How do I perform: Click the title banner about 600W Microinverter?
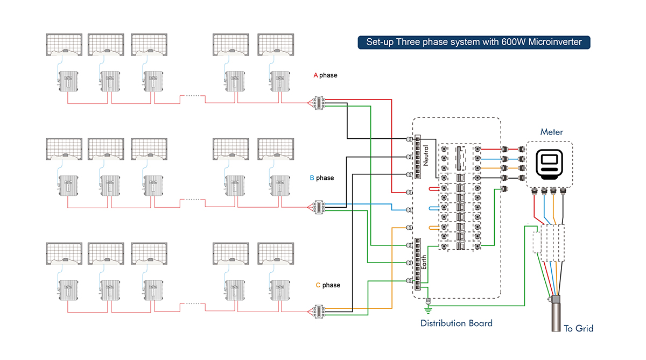pos(474,42)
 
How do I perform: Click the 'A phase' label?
pos(325,75)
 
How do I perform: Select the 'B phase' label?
pos(321,178)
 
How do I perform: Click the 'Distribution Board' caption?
pos(456,323)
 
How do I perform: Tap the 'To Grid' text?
pos(579,328)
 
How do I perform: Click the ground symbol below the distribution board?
pos(429,308)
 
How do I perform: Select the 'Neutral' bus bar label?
pos(426,155)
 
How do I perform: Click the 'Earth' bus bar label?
pos(425,263)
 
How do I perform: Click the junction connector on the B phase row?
pos(318,208)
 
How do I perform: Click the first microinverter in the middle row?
pos(68,185)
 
